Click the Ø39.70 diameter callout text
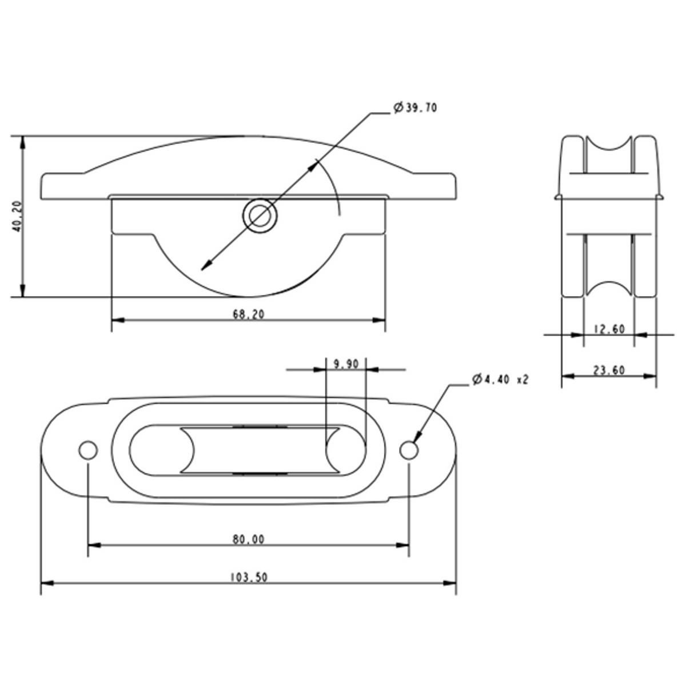pos(416,107)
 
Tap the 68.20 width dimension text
pos(249,314)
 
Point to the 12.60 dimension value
pos(609,329)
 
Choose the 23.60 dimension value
pos(609,370)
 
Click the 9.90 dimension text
pos(345,364)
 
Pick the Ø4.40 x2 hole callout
pos(500,380)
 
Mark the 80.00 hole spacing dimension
pos(248,539)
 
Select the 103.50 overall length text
pos(248,577)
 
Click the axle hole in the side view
pos(260,216)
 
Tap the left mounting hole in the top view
pos(88,450)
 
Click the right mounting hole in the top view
pos(409,450)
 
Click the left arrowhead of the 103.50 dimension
pos(46,584)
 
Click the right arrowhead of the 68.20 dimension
pos(380,320)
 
